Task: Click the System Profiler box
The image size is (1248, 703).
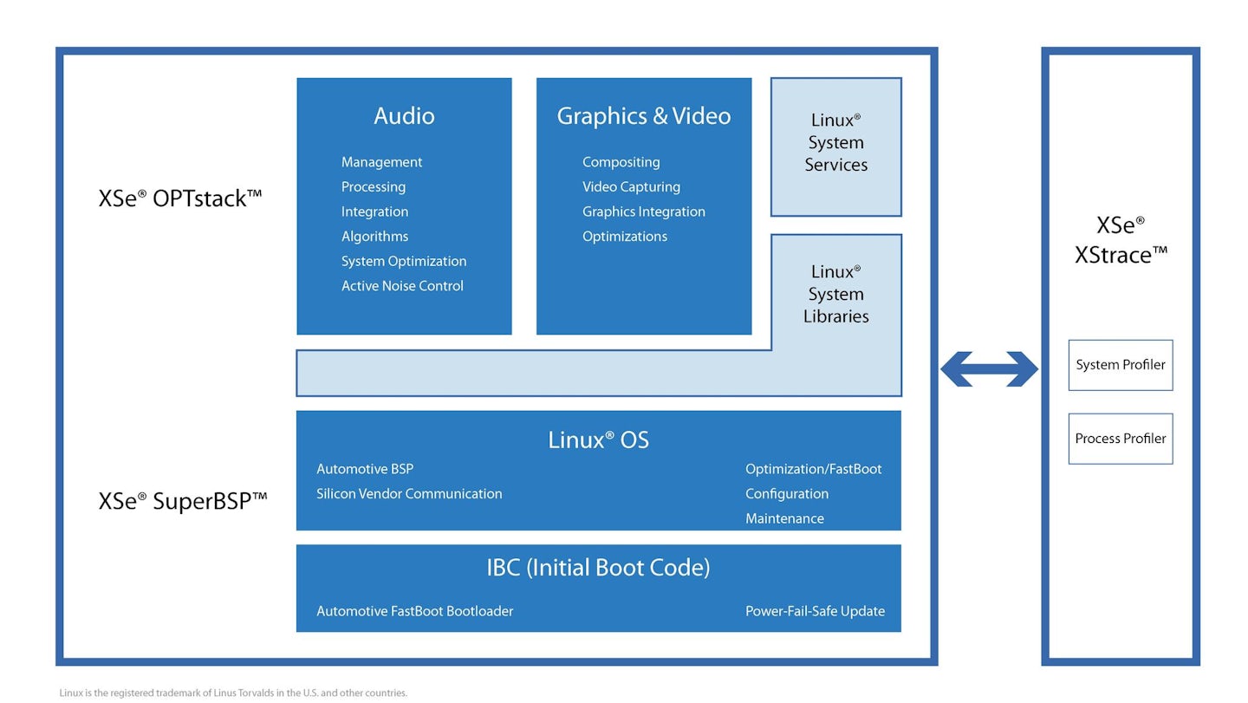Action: [x=1120, y=365]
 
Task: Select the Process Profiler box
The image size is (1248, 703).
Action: [x=1120, y=439]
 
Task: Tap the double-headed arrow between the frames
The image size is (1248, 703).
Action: [x=989, y=369]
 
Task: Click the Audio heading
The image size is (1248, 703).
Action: [x=404, y=116]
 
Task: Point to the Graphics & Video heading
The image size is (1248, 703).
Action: [x=643, y=116]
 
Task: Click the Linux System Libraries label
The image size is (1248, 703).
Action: [x=835, y=295]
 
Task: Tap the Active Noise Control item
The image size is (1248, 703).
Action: [x=402, y=286]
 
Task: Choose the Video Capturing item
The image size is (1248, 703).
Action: [x=631, y=187]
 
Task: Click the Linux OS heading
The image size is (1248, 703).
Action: [x=598, y=440]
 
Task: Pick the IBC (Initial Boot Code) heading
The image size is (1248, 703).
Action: [x=598, y=568]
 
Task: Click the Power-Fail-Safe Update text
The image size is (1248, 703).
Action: [x=815, y=611]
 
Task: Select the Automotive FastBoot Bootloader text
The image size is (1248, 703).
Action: [x=414, y=611]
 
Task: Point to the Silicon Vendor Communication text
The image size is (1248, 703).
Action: [x=409, y=494]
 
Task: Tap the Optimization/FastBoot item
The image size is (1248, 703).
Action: [x=813, y=469]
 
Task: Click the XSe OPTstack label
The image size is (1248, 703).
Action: [x=180, y=199]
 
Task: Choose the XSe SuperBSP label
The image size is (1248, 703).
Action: [x=183, y=501]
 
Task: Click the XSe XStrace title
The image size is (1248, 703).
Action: [x=1121, y=240]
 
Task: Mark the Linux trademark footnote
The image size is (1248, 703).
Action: [x=233, y=693]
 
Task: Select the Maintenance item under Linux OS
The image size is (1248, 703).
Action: [x=784, y=518]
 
